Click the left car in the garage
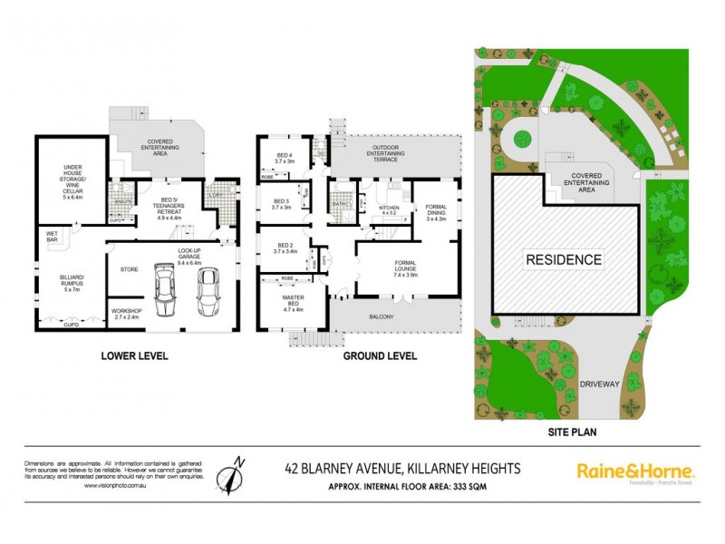[166, 288]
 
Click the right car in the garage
[207, 288]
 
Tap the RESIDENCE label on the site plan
[565, 259]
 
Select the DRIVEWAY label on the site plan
[601, 384]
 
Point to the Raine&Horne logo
[635, 471]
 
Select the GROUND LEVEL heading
[380, 356]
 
